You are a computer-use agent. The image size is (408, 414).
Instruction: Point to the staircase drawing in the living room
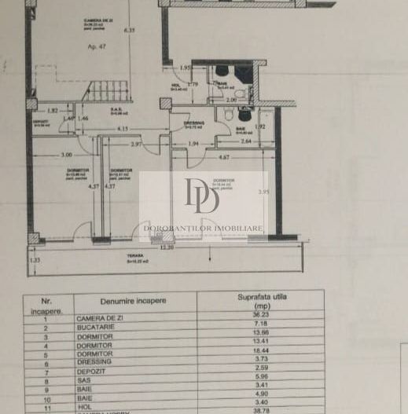click(109, 91)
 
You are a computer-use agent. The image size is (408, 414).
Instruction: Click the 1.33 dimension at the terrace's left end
click(34, 258)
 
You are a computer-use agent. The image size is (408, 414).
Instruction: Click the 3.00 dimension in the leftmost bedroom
click(68, 154)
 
